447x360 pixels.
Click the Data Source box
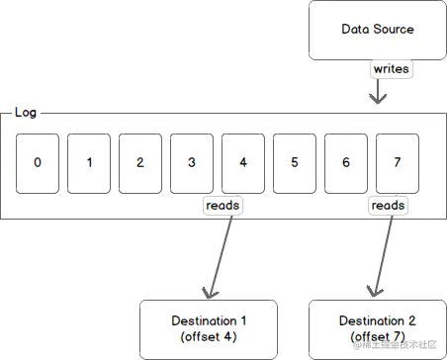(x=377, y=30)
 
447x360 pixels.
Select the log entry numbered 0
(x=38, y=161)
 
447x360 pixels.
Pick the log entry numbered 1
(x=89, y=161)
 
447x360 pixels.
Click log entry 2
(x=140, y=161)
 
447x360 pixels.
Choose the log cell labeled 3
(x=192, y=161)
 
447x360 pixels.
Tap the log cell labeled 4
(x=243, y=161)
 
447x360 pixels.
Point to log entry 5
(x=295, y=161)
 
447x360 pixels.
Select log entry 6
(x=346, y=161)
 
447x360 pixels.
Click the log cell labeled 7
(x=398, y=161)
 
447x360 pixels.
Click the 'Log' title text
(x=26, y=113)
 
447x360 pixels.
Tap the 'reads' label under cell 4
(x=223, y=205)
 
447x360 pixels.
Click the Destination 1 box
(x=209, y=328)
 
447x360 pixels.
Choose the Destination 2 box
(x=377, y=328)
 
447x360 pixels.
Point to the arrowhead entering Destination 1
(x=208, y=291)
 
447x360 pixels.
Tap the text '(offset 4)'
(x=209, y=337)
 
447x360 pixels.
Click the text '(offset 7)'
(x=377, y=337)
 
